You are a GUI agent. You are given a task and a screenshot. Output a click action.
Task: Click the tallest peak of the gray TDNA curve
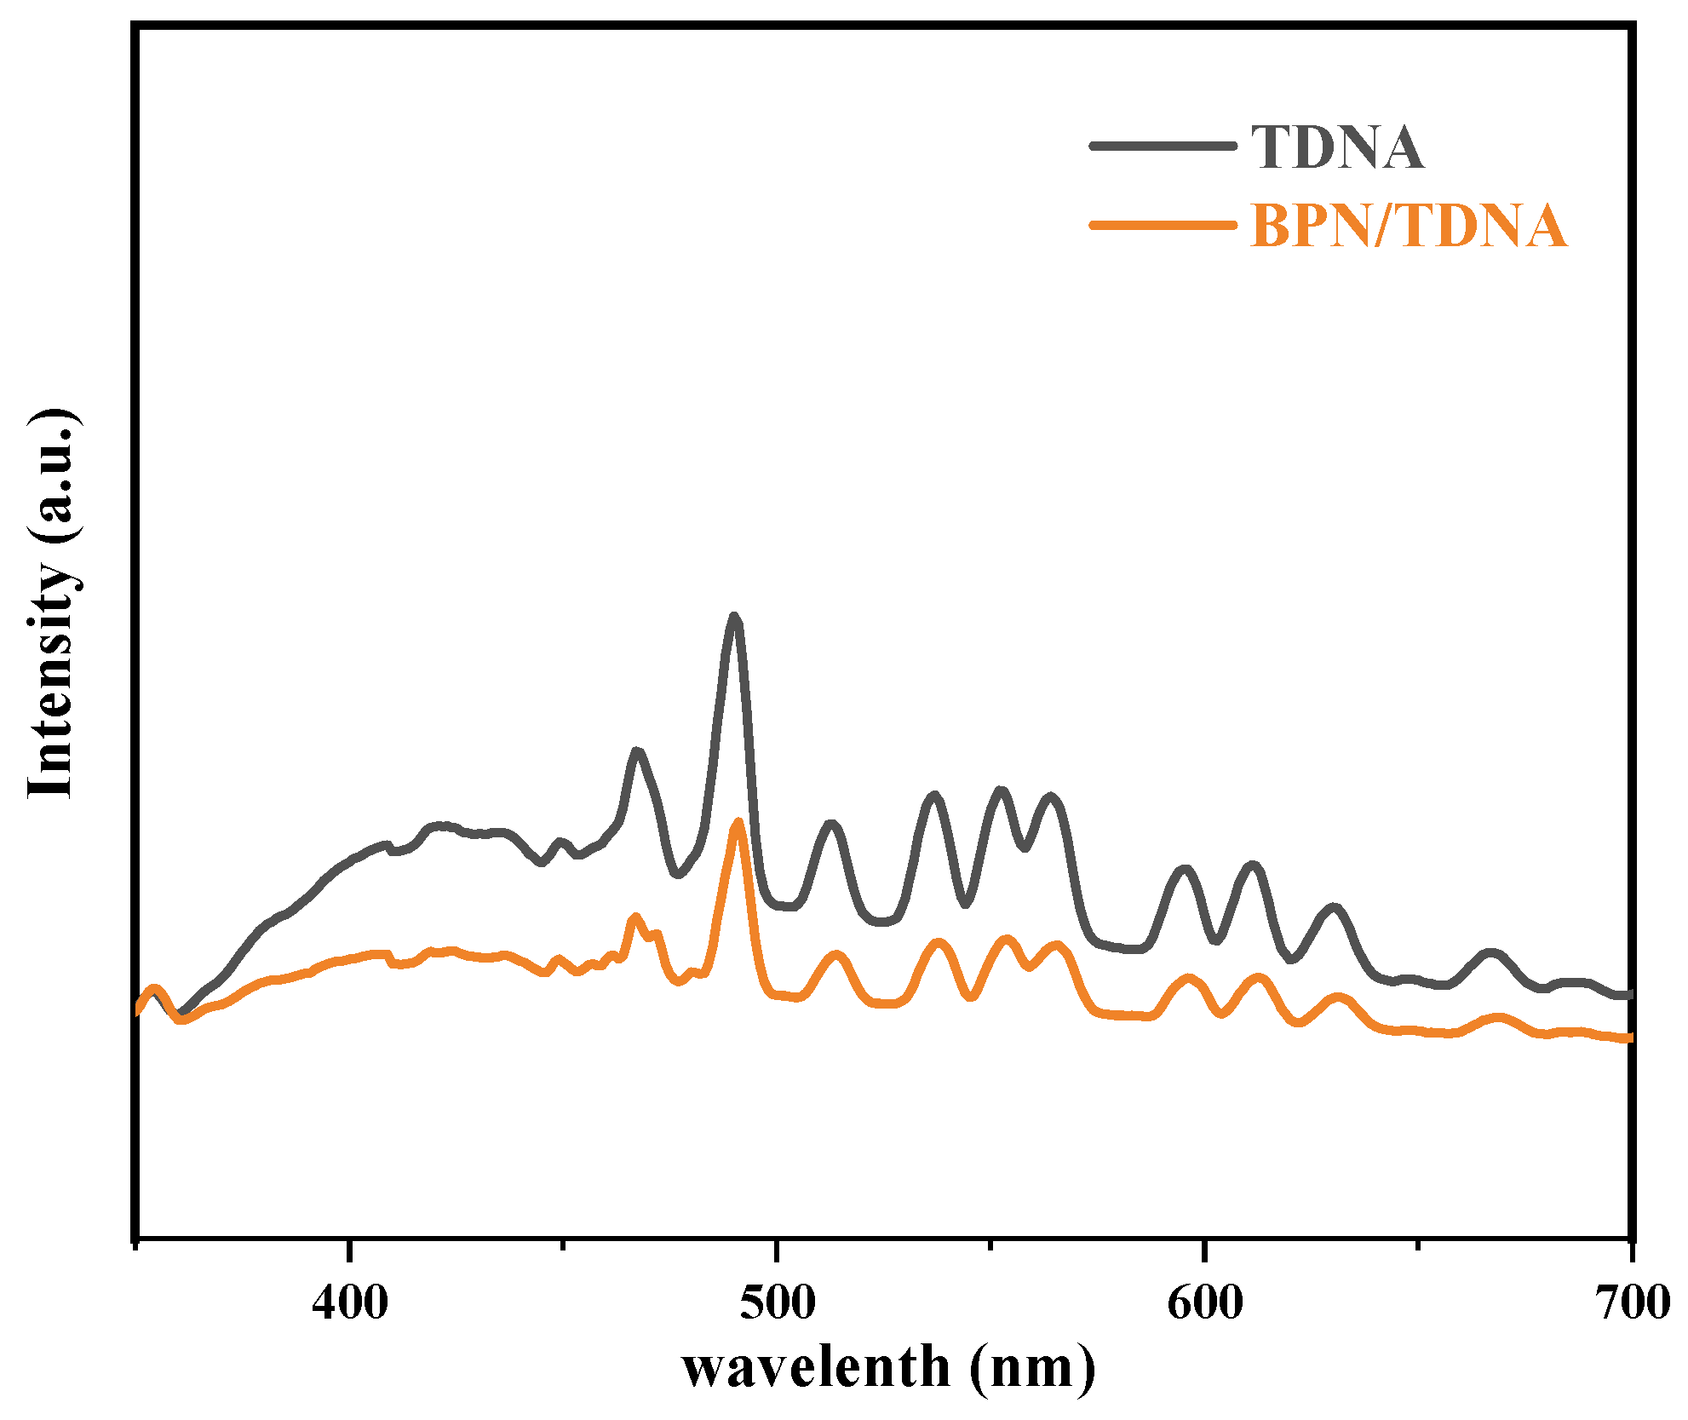(734, 618)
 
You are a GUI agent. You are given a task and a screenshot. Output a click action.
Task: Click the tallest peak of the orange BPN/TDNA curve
(738, 823)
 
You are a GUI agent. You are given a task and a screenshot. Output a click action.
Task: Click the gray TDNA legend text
(1337, 147)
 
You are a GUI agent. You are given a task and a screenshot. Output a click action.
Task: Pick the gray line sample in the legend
(1163, 146)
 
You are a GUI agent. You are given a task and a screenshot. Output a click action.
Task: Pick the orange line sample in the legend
(1163, 225)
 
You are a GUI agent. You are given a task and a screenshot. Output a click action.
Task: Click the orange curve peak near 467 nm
(634, 917)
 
